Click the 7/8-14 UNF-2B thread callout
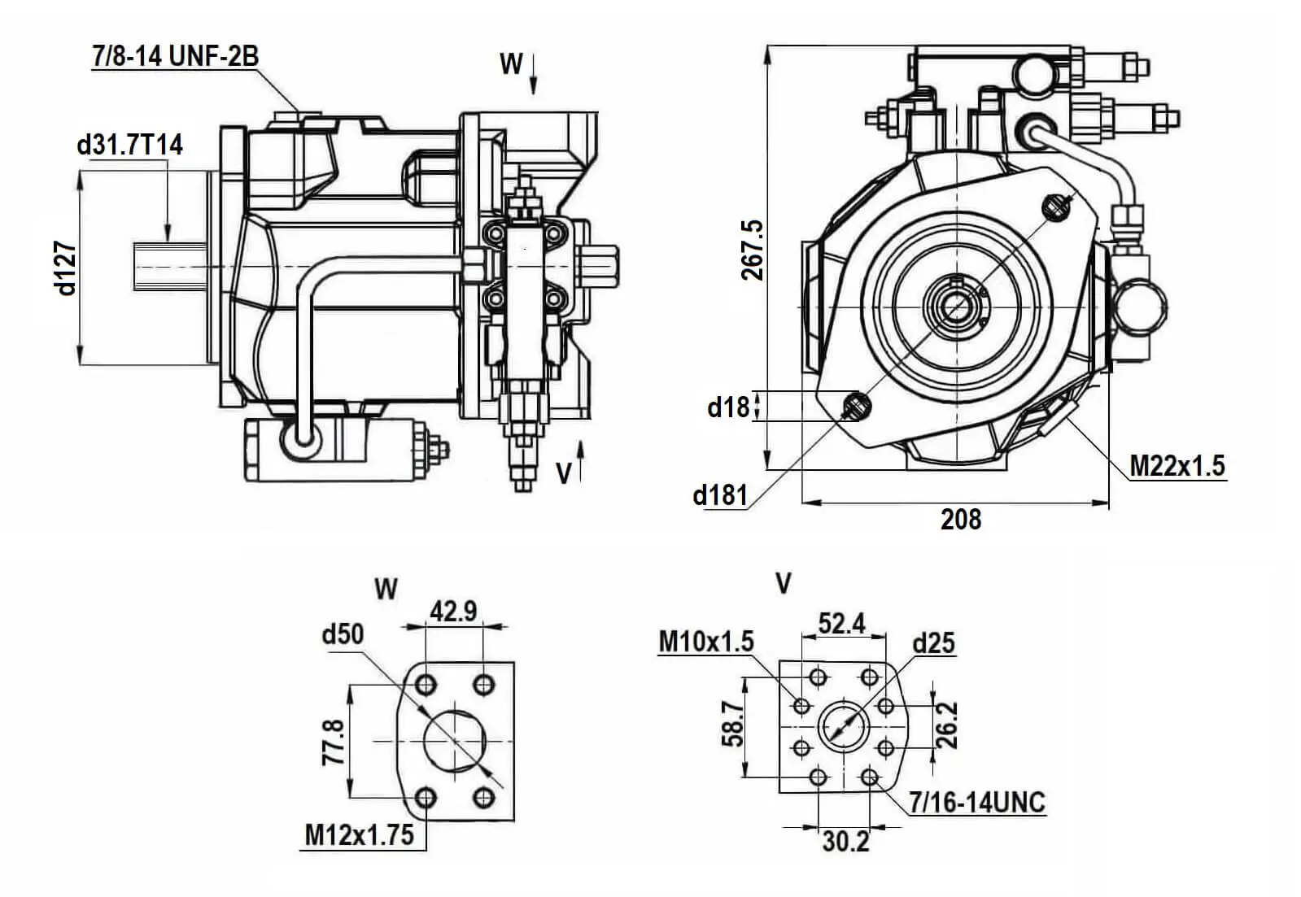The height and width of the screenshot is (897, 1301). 175,56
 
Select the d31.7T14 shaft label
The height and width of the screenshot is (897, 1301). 130,145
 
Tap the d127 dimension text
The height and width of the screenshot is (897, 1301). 67,268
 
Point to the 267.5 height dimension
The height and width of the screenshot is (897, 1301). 753,250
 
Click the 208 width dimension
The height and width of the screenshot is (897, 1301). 961,519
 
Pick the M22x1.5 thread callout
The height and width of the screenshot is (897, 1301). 1177,466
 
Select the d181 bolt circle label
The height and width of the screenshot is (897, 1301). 719,494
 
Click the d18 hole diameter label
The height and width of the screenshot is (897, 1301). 727,406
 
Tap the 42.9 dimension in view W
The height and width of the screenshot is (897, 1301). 453,611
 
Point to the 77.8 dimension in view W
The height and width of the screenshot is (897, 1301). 334,741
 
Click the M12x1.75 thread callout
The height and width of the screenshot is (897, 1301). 359,834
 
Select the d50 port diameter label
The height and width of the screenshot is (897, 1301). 343,634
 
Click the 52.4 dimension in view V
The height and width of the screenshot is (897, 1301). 841,624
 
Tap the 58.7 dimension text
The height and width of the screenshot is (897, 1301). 732,724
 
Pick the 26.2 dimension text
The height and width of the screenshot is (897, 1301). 947,725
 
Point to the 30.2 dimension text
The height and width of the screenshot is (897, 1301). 845,842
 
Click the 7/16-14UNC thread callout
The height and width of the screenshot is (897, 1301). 976,803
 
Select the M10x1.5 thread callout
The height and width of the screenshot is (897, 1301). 705,642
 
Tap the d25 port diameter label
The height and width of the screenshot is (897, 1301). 933,643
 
